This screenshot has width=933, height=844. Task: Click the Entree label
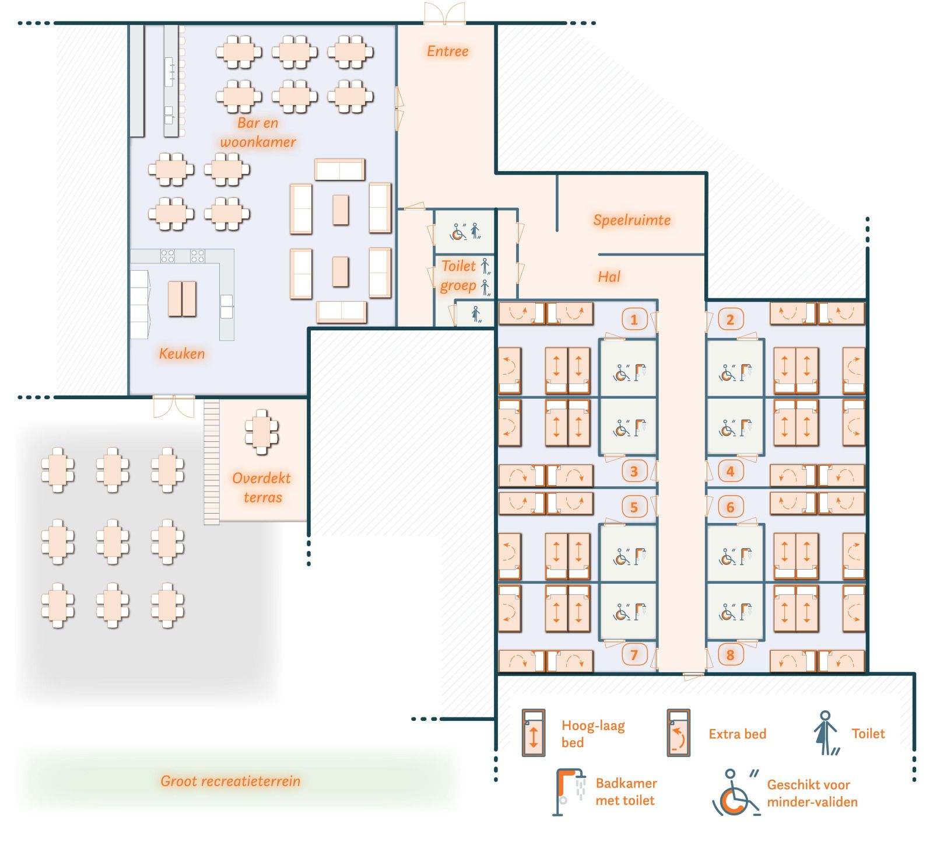tap(447, 51)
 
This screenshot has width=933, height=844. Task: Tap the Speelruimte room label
tap(632, 220)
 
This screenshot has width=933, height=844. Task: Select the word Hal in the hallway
tap(609, 277)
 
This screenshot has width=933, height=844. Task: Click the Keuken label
tap(182, 354)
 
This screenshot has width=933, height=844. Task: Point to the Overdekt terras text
tap(262, 487)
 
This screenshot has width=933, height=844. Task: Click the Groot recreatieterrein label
tap(230, 781)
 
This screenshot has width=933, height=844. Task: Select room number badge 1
tap(634, 319)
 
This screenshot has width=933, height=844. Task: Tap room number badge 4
tap(730, 471)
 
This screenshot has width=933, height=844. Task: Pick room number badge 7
tap(634, 655)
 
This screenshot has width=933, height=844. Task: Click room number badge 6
tap(730, 507)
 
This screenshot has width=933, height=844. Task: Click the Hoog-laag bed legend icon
tap(533, 733)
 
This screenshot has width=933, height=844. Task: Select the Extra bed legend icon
tap(678, 733)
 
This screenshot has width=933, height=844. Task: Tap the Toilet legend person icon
tap(825, 733)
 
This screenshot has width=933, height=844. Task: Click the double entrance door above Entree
tap(444, 15)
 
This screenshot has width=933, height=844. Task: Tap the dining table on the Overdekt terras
tap(262, 433)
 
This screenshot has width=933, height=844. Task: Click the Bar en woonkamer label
tap(258, 132)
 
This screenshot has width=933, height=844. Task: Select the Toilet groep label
tap(459, 275)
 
